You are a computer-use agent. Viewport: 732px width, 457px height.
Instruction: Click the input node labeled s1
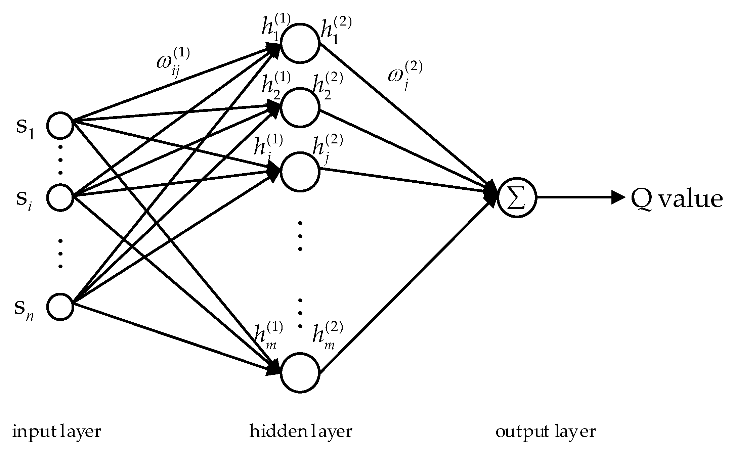pos(60,125)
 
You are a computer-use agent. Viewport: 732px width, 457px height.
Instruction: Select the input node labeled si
pos(60,197)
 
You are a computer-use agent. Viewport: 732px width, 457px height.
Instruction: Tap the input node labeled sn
pos(60,307)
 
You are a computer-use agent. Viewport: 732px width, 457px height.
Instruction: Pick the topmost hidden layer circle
pos(300,43)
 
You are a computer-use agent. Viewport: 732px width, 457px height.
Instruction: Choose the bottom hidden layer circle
pos(300,373)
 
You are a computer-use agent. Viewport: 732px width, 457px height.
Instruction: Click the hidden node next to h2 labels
pos(300,107)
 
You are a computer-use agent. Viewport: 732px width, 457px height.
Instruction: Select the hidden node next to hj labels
pos(300,172)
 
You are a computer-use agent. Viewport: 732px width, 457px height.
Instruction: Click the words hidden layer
pos(301,431)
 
